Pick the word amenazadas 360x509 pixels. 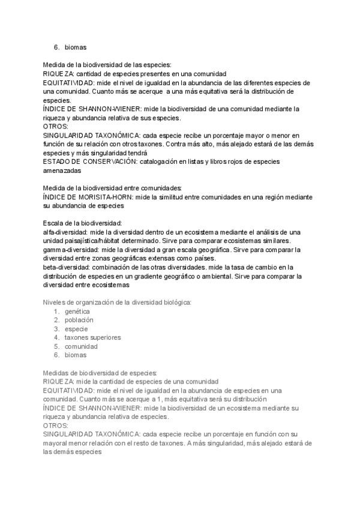(62, 171)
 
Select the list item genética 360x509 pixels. (77, 312)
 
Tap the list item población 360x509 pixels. (79, 320)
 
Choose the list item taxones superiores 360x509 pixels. (93, 337)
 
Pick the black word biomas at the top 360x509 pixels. (77, 46)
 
